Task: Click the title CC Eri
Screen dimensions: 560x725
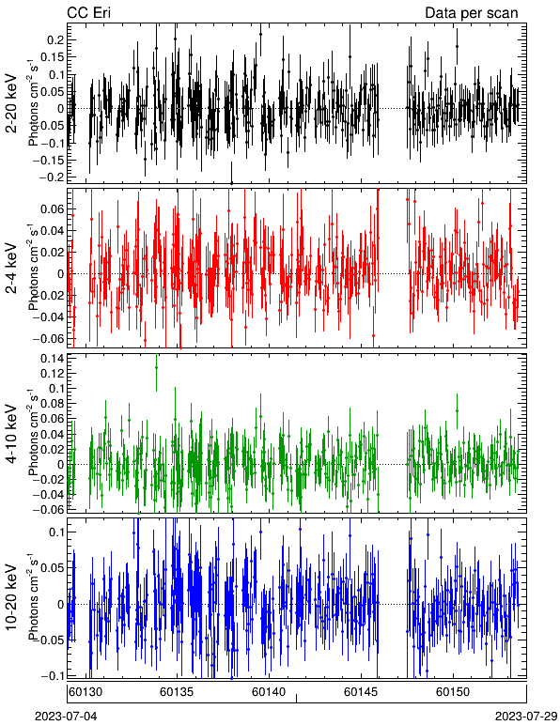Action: click(x=88, y=12)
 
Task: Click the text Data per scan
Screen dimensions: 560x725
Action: click(x=472, y=13)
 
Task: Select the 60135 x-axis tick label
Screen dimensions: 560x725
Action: click(x=176, y=692)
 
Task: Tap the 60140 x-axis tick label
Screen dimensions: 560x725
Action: click(x=268, y=692)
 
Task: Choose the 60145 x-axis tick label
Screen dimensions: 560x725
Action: click(x=360, y=692)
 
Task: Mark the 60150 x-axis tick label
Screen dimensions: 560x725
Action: click(x=452, y=692)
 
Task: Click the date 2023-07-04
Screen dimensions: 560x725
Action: click(x=66, y=717)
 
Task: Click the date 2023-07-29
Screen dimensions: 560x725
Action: click(x=526, y=717)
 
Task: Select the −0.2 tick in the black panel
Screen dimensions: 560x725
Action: click(x=51, y=177)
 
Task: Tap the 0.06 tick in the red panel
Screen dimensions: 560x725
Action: click(x=53, y=209)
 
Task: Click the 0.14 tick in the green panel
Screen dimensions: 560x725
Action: click(x=53, y=359)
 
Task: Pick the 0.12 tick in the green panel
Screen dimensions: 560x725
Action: click(x=53, y=373)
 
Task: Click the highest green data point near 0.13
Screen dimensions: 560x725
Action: click(x=156, y=367)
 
